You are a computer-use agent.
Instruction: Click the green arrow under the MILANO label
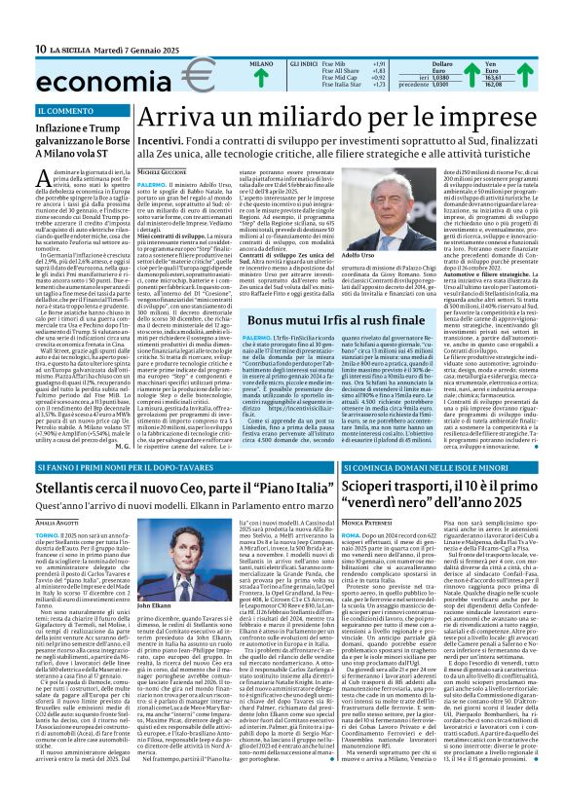pos(260,79)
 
